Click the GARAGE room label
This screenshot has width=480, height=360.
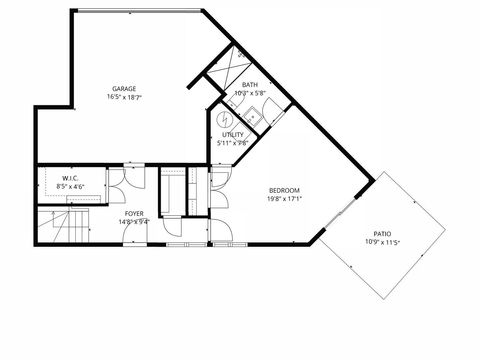124,88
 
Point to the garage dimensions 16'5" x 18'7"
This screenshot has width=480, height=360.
124,97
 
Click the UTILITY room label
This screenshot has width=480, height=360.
232,134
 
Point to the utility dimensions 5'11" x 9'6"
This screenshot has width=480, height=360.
232,142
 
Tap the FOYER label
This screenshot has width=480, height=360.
133,214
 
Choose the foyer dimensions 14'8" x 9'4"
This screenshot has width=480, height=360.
133,222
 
